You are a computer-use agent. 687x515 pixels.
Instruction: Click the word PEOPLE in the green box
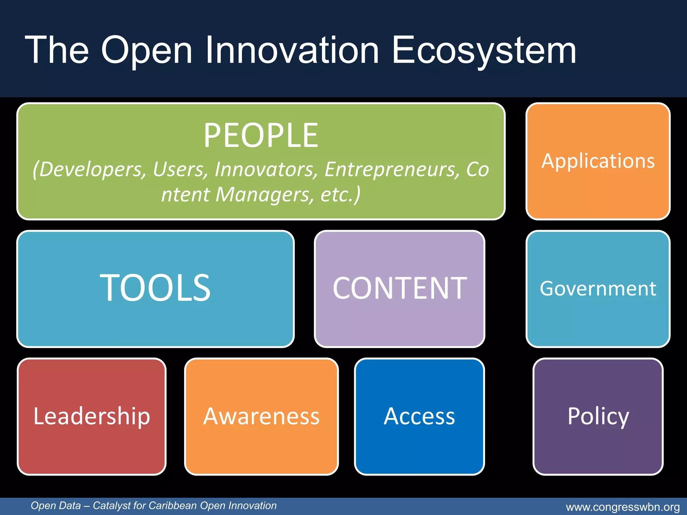261,135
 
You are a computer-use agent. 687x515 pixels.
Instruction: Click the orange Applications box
598,161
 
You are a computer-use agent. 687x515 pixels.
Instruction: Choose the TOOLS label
155,288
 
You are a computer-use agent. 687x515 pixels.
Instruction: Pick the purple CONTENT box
399,288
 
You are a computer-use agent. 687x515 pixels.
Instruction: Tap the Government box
598,288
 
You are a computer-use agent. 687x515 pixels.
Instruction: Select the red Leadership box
92,416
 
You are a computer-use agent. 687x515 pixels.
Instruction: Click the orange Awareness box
261,416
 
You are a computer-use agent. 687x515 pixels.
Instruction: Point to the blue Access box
419,416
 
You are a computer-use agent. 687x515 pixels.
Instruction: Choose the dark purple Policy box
598,416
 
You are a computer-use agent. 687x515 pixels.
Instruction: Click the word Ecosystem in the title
484,50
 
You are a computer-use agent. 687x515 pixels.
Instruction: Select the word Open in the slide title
147,50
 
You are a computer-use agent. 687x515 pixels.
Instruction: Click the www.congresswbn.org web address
623,507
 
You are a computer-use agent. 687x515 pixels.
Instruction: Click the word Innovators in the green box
266,169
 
